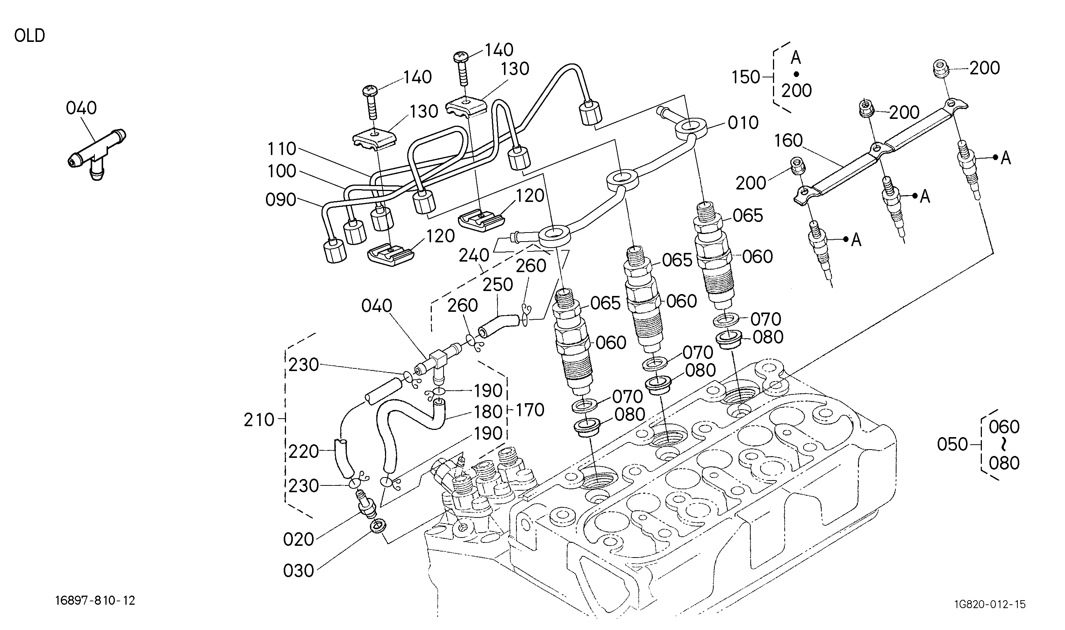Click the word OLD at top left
tap(29, 35)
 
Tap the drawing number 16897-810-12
tap(95, 601)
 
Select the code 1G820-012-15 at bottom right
tap(990, 604)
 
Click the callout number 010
tap(743, 123)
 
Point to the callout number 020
tap(298, 539)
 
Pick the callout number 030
tap(298, 571)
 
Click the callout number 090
tap(281, 200)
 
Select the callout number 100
tap(282, 171)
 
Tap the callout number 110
tap(282, 149)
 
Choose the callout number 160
tap(788, 140)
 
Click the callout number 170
tap(530, 410)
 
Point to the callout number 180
tap(488, 412)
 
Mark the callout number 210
tap(259, 420)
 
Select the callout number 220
tap(304, 451)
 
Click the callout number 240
tap(474, 256)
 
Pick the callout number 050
tap(952, 445)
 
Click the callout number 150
tap(745, 77)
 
